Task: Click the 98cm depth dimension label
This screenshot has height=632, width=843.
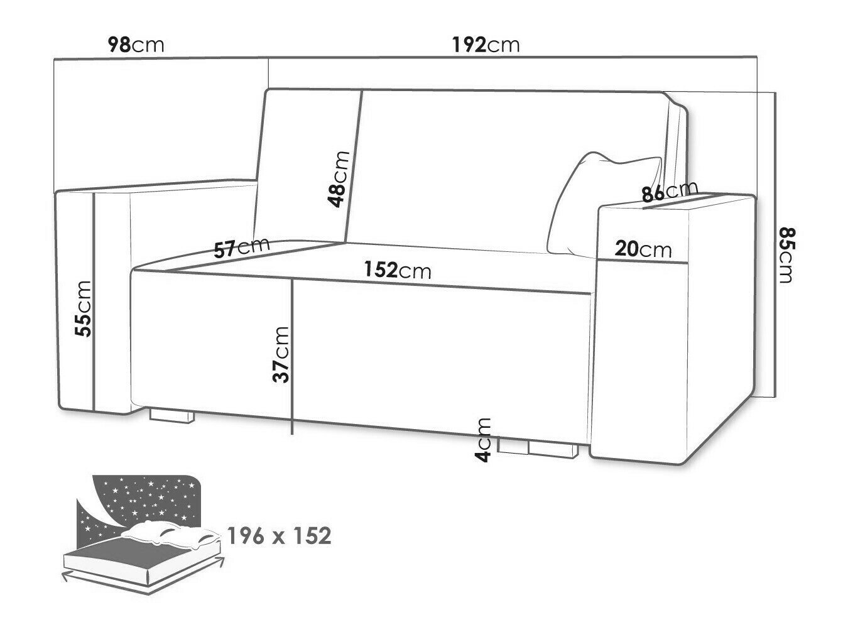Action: click(x=136, y=45)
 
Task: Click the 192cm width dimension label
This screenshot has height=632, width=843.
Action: click(x=486, y=45)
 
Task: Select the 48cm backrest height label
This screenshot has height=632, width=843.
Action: click(x=339, y=179)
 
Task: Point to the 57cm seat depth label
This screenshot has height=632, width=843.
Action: click(x=242, y=248)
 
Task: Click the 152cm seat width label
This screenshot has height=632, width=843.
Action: click(x=398, y=270)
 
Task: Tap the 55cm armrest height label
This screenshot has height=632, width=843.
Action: click(x=84, y=309)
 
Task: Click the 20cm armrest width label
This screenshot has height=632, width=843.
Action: click(x=643, y=249)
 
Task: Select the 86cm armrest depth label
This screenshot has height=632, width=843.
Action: click(x=670, y=191)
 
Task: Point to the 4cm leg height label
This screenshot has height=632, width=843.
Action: click(x=483, y=440)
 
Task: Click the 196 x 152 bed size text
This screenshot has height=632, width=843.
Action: click(x=279, y=536)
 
